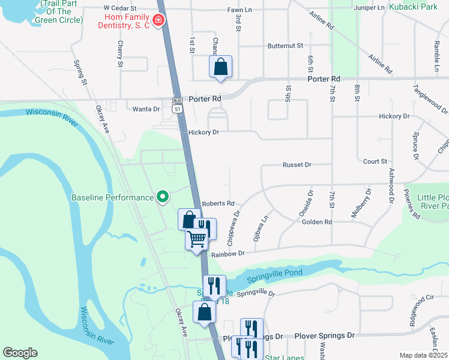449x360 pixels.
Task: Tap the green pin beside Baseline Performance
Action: [161, 197]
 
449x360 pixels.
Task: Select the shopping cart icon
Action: [196, 239]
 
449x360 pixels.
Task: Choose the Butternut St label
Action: [285, 46]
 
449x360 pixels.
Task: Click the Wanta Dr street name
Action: [146, 109]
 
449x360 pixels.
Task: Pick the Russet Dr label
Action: [298, 164]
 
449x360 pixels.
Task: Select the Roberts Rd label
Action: [218, 204]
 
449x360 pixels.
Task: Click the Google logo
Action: [20, 353]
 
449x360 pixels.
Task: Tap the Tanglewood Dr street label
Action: [430, 98]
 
